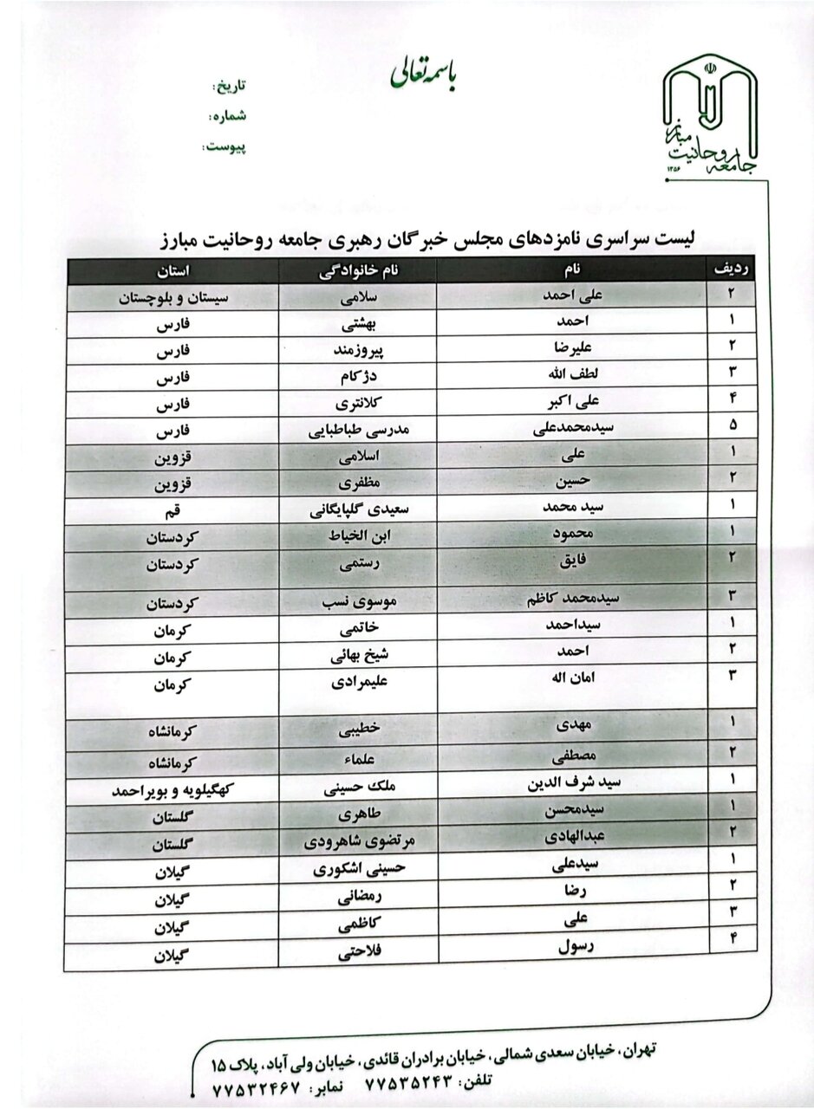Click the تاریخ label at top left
click(230, 88)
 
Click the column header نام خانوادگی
click(358, 269)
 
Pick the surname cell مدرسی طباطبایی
click(358, 431)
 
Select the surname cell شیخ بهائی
click(358, 656)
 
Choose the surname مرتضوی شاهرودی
click(358, 841)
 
